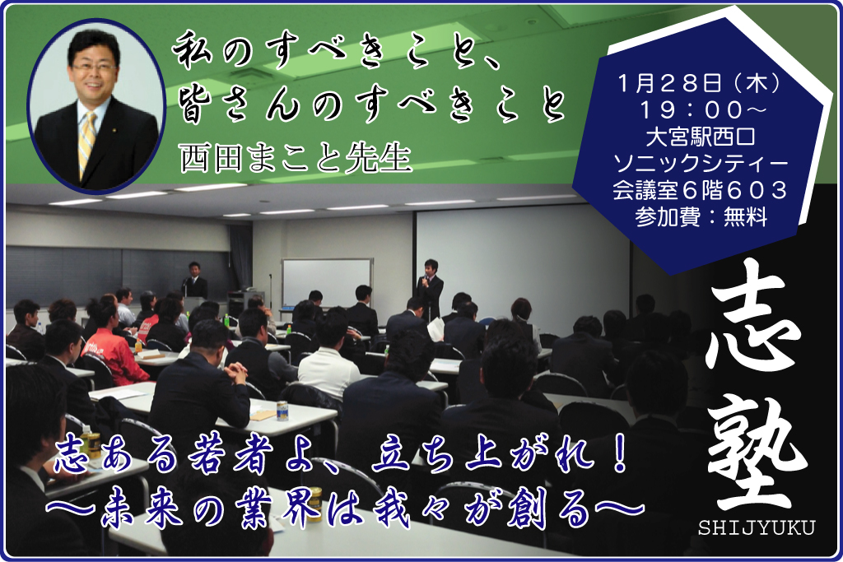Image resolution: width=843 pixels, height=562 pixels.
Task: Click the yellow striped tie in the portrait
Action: point(86,142)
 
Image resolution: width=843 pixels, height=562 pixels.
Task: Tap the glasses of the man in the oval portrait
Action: point(94,68)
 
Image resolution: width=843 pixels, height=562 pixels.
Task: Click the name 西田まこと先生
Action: point(296,159)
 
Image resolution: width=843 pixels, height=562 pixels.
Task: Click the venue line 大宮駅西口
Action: point(700,137)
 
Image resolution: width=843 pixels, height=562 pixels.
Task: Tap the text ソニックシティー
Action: point(701,163)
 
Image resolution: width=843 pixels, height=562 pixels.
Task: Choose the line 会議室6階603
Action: point(700,189)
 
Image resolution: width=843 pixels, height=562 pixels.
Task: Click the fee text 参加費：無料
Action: point(701,216)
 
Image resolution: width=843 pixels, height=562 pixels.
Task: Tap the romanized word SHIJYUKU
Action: point(757,527)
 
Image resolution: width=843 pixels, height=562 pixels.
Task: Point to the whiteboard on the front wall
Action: point(327,283)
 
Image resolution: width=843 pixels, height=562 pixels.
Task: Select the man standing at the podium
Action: point(194,281)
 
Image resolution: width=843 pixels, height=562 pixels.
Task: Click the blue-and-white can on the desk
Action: point(282,411)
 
